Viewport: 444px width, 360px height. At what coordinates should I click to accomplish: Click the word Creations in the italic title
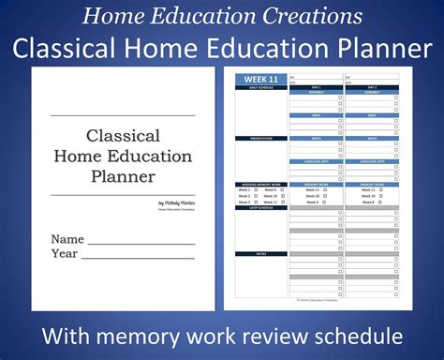[311, 15]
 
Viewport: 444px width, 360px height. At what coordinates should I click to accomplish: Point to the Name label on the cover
[67, 239]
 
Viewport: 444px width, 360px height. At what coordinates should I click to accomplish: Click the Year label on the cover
[65, 253]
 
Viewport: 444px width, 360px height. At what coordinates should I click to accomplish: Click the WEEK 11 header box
[261, 79]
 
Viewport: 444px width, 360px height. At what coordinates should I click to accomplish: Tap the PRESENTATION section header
[261, 138]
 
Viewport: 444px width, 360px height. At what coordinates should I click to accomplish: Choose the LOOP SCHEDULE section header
[261, 207]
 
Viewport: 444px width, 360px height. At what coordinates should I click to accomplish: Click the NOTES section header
[261, 253]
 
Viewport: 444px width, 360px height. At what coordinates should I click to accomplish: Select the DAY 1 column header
[316, 85]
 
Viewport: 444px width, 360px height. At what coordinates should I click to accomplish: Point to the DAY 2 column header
[372, 85]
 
